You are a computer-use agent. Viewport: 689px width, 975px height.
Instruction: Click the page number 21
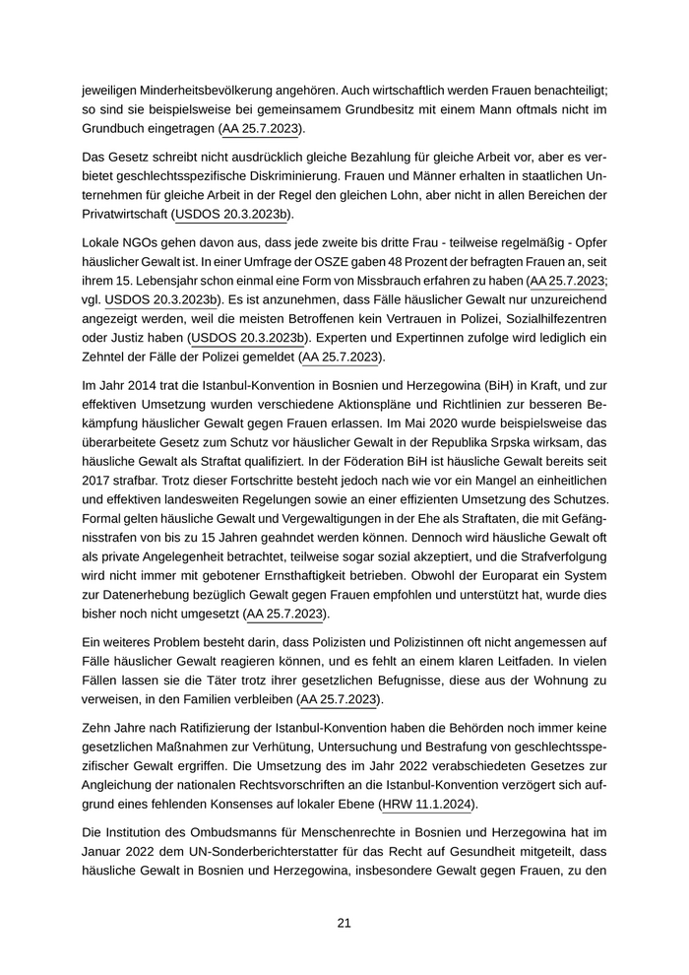pos(344,923)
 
